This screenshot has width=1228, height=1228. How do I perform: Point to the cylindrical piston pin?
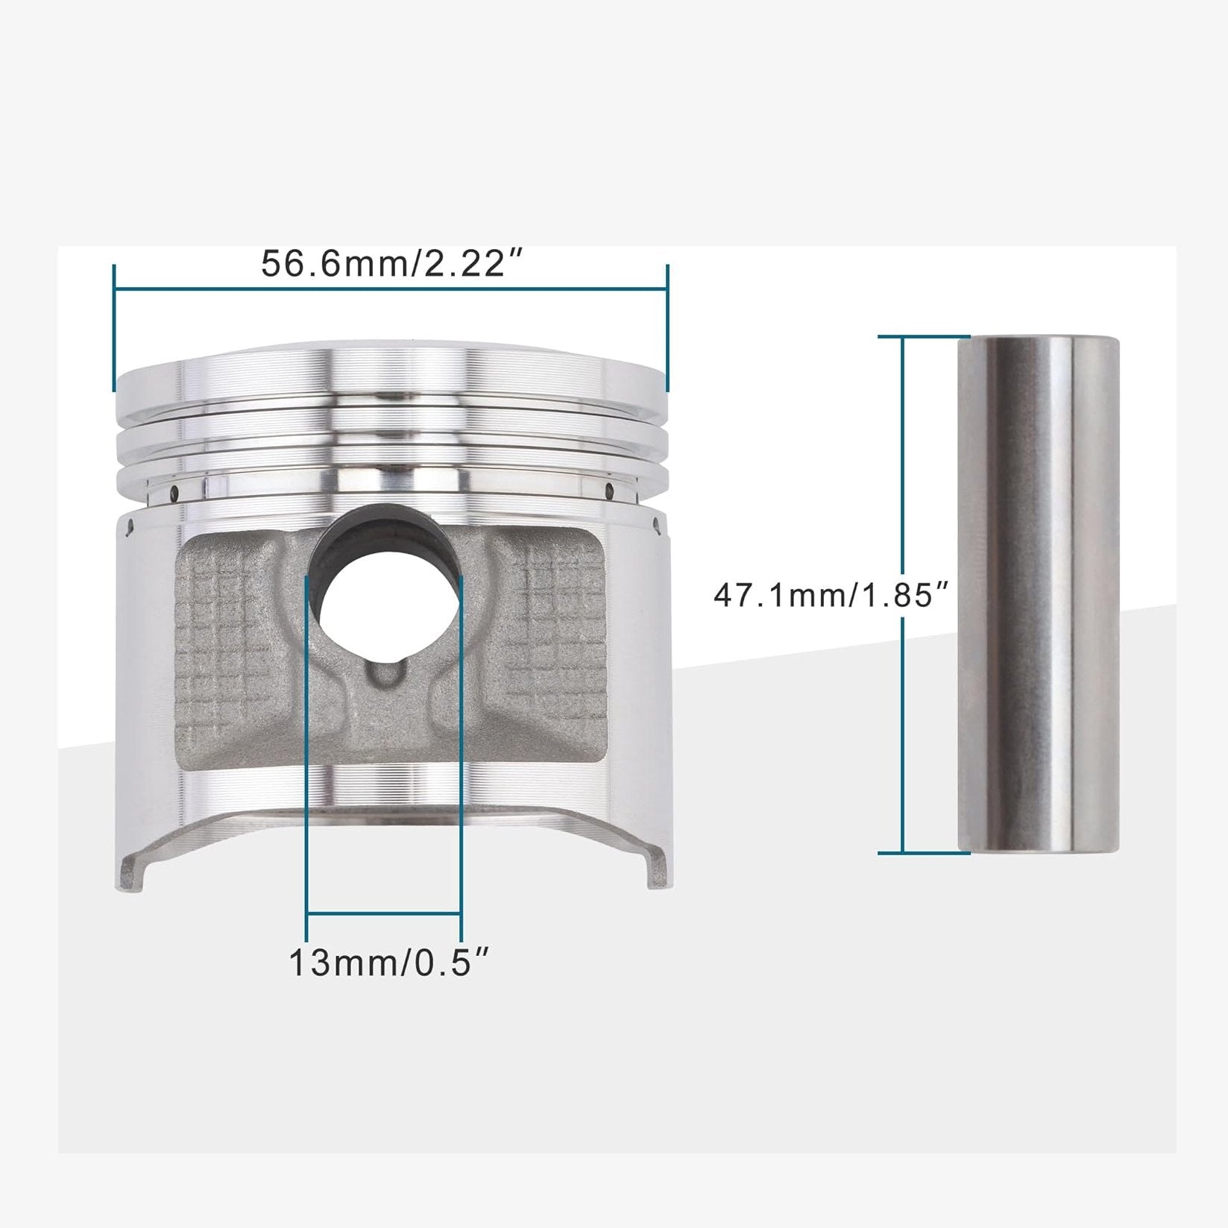[x=1039, y=593]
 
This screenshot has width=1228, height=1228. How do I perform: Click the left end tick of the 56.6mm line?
[x=114, y=327]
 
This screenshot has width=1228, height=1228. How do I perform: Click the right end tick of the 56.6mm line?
[x=667, y=327]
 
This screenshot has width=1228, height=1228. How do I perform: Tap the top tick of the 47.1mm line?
[x=923, y=337]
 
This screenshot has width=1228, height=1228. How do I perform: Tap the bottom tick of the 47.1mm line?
[x=923, y=852]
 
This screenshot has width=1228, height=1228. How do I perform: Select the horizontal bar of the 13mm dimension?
[x=384, y=913]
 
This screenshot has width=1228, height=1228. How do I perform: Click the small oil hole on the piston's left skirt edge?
[x=131, y=526]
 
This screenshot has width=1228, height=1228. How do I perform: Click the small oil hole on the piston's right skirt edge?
[x=656, y=526]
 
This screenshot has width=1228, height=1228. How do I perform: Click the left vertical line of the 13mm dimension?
[x=307, y=746]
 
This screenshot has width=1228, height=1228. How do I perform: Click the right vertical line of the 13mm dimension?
[x=462, y=746]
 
